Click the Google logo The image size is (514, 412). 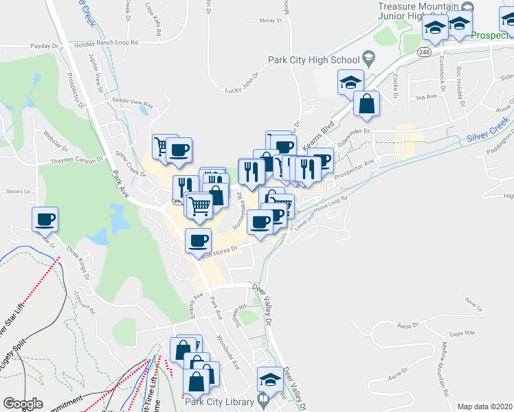click(x=23, y=404)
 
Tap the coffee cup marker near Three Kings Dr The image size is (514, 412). click(x=45, y=220)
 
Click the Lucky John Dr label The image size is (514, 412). click(x=242, y=82)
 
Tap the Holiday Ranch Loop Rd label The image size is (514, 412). click(x=107, y=43)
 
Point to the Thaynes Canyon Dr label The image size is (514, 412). click(x=76, y=160)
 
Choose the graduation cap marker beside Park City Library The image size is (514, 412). click(x=269, y=379)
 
